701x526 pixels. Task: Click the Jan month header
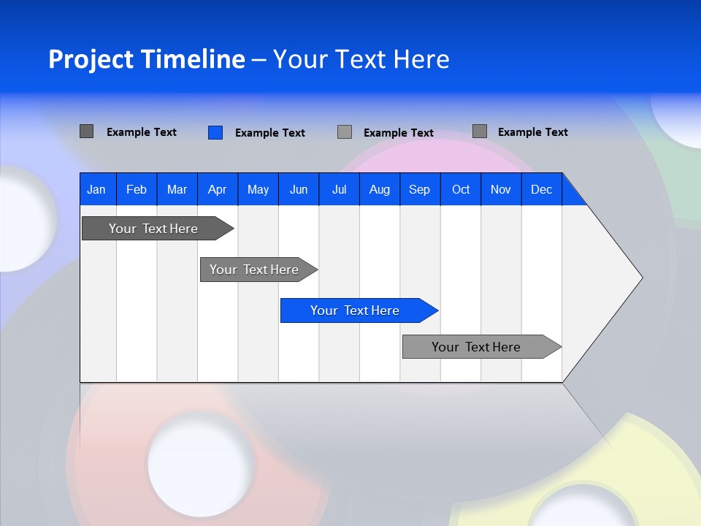pos(96,189)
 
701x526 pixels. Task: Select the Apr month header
pos(217,189)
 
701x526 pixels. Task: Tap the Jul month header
pos(339,189)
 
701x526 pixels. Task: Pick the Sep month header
pos(419,189)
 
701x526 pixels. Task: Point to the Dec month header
pos(541,189)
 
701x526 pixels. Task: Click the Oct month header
pos(460,189)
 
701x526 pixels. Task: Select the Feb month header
pos(137,189)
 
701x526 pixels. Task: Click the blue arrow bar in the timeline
pos(355,310)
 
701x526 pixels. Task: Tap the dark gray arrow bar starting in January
pos(153,229)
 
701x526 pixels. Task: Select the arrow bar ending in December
pos(476,347)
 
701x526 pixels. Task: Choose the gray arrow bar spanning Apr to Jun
pos(254,270)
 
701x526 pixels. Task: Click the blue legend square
pos(215,132)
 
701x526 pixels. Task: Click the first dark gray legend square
pos(86,131)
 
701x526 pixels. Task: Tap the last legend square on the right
pos(480,131)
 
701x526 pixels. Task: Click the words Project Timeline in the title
pos(146,58)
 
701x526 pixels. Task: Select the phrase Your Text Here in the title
pos(361,58)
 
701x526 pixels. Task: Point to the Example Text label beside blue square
pos(270,133)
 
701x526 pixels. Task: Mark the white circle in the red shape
pos(192,463)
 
